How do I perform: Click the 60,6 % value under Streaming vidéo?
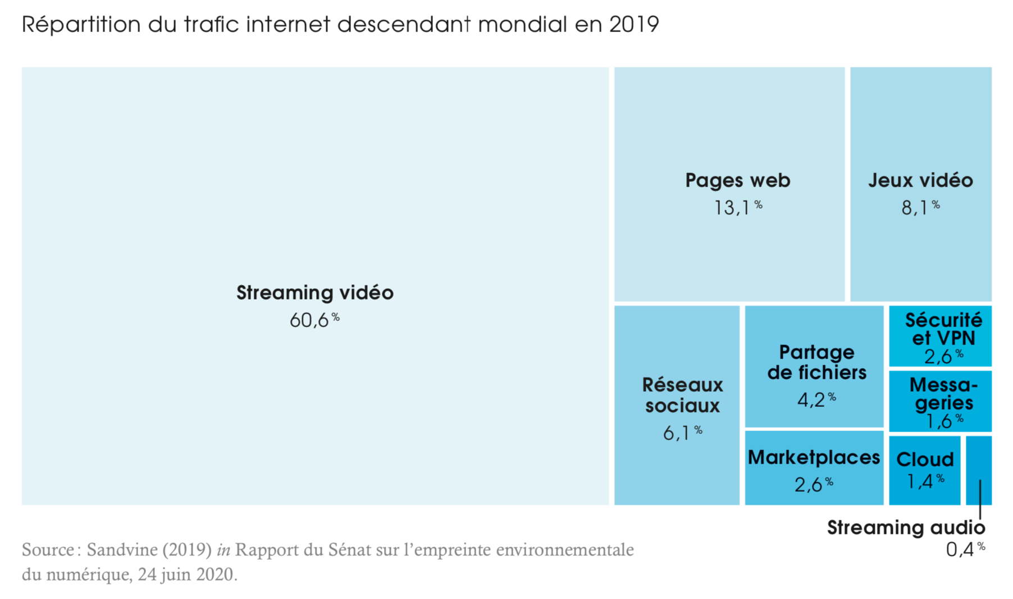click(314, 320)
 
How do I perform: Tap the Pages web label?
click(737, 180)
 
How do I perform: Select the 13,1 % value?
click(737, 207)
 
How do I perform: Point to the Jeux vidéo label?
click(920, 180)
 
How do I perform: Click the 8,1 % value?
click(920, 207)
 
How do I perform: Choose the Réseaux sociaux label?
click(682, 395)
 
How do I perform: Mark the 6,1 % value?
click(682, 433)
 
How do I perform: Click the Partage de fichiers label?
click(816, 362)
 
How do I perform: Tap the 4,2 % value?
click(816, 400)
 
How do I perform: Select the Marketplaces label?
click(814, 457)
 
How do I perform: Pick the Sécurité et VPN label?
click(943, 329)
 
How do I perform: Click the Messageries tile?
click(940, 401)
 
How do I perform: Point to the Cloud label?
click(924, 460)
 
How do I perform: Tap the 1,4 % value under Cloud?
click(925, 481)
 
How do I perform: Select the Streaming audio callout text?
click(906, 528)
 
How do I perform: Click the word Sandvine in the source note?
click(122, 550)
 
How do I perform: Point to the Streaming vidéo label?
click(314, 293)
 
